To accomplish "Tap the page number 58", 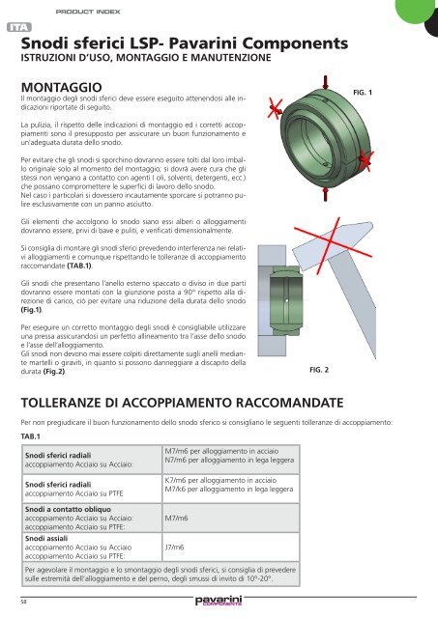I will tap(23, 604).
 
